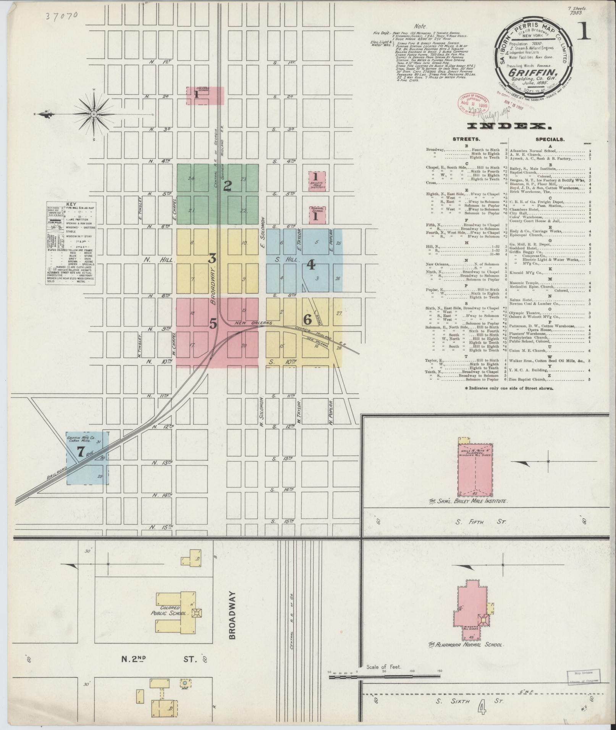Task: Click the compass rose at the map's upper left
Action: click(x=94, y=114)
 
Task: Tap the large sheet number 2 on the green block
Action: click(x=228, y=186)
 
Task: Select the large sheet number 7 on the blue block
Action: click(x=81, y=452)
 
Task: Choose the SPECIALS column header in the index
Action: click(x=550, y=140)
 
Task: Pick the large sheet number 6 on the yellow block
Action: click(x=307, y=319)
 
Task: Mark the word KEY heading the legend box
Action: click(x=71, y=204)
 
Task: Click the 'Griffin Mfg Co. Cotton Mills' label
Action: click(x=81, y=439)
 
